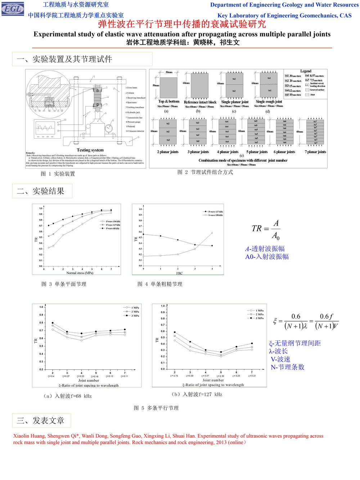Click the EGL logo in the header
pyautogui.click(x=13, y=9)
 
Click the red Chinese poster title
pyautogui.click(x=182, y=24)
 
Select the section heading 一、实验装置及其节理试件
pyautogui.click(x=64, y=59)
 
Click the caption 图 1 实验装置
pyautogui.click(x=58, y=174)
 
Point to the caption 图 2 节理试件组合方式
pyautogui.click(x=205, y=172)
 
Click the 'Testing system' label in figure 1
pyautogui.click(x=90, y=150)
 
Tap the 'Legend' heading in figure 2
pyautogui.click(x=306, y=71)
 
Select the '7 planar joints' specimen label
pyautogui.click(x=315, y=152)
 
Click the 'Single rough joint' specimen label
pyautogui.click(x=269, y=102)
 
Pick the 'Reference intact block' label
pyautogui.click(x=200, y=102)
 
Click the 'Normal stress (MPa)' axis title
pyautogui.click(x=80, y=273)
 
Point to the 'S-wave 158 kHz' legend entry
pyautogui.click(x=216, y=215)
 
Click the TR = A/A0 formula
pyautogui.click(x=266, y=229)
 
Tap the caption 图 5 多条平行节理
pyautogui.click(x=156, y=408)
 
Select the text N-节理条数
pyautogui.click(x=288, y=367)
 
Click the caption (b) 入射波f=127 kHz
pyautogui.click(x=197, y=394)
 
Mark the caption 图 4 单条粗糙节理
pyautogui.click(x=160, y=284)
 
